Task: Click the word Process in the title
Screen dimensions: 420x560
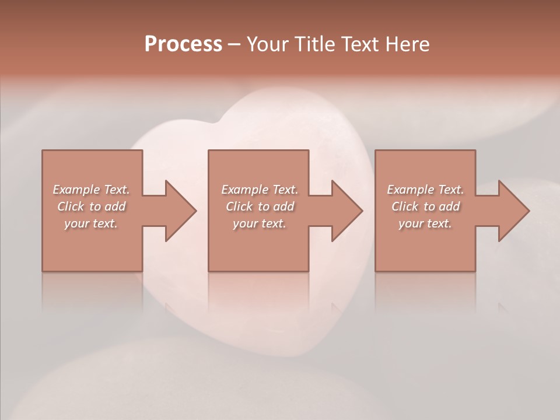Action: coord(183,44)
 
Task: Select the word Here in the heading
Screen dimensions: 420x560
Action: coord(407,44)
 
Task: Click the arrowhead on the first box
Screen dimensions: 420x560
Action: coord(180,211)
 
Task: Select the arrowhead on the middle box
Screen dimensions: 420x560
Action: coord(346,211)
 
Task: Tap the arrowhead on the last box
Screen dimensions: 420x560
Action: coord(513,211)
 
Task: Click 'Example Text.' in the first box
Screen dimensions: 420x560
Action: coord(91,190)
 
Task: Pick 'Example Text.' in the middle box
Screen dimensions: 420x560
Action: coord(259,190)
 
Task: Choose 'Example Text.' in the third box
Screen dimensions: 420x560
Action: coord(425,190)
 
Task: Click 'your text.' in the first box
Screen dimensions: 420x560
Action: coord(91,223)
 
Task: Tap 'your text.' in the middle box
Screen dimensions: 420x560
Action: coord(259,223)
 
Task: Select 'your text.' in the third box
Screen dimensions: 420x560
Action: coord(425,223)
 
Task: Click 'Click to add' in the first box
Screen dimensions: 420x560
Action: coord(91,206)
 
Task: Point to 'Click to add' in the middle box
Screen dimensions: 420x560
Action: coord(259,206)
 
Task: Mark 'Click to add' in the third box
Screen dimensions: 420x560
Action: coord(425,206)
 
